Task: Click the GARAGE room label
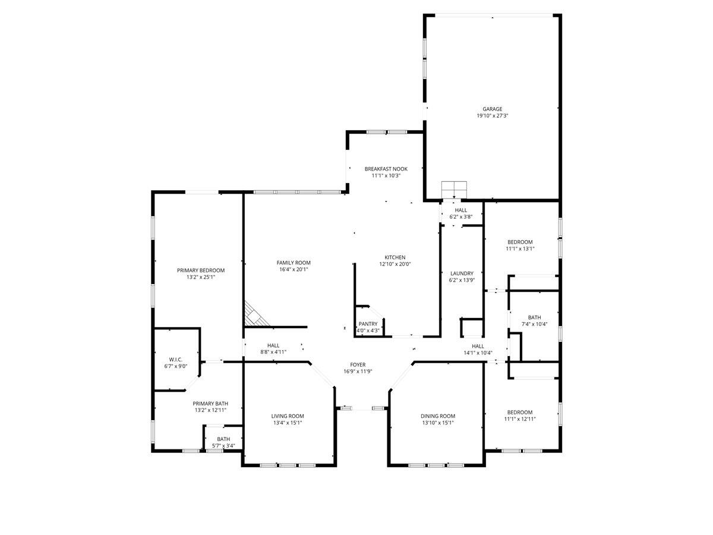pos(492,109)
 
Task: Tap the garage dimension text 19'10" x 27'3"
pos(492,116)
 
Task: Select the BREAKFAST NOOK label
pos(386,169)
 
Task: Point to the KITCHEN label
pos(395,257)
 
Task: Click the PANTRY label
pos(368,324)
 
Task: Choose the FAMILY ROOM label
pos(294,263)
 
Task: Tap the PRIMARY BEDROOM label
pos(201,270)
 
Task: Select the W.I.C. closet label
pos(175,359)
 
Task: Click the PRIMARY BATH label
pos(210,403)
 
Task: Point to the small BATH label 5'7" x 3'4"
pos(223,439)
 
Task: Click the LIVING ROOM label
pos(288,416)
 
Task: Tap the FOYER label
pos(358,364)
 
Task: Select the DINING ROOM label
pos(438,416)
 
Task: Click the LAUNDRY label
pos(462,273)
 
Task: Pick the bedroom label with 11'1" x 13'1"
pos(520,242)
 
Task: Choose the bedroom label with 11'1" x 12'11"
pos(520,412)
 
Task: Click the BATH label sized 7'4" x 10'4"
pos(534,317)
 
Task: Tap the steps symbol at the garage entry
pos(455,189)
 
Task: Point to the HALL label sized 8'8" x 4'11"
pos(273,345)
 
